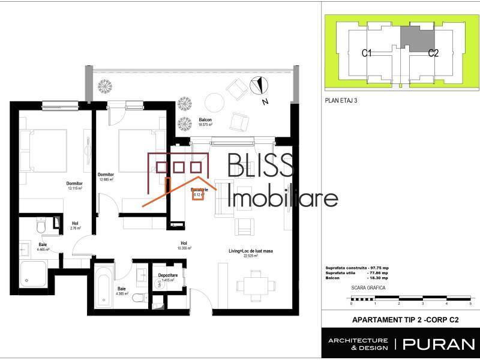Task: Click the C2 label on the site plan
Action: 433,53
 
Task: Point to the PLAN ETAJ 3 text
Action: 340,101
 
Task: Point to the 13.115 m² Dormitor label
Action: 74,185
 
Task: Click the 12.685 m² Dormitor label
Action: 106,176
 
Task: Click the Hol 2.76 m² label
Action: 75,226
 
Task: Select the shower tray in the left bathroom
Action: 35,273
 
